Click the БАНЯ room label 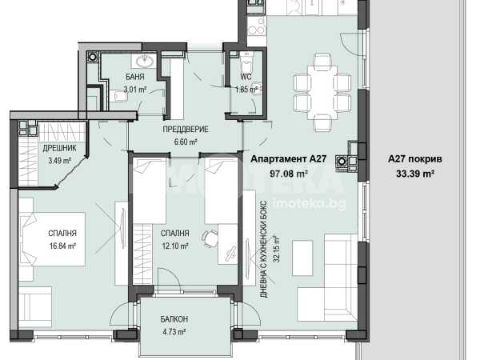[134, 77]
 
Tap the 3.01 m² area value [134, 90]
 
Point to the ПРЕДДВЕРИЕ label [186, 129]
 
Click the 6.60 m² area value [186, 142]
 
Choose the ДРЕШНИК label [59, 148]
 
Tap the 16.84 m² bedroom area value [62, 246]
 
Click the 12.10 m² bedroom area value [174, 246]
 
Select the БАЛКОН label [174, 319]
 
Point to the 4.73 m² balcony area [174, 332]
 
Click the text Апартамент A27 [289, 159]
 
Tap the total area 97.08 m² [289, 174]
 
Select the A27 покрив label [415, 159]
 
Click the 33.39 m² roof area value [415, 174]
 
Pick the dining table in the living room [322, 92]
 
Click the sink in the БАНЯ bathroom [145, 62]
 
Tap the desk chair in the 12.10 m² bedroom [209, 238]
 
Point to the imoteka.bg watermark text [309, 203]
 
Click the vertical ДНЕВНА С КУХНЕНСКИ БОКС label [265, 249]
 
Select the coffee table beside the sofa [302, 258]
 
